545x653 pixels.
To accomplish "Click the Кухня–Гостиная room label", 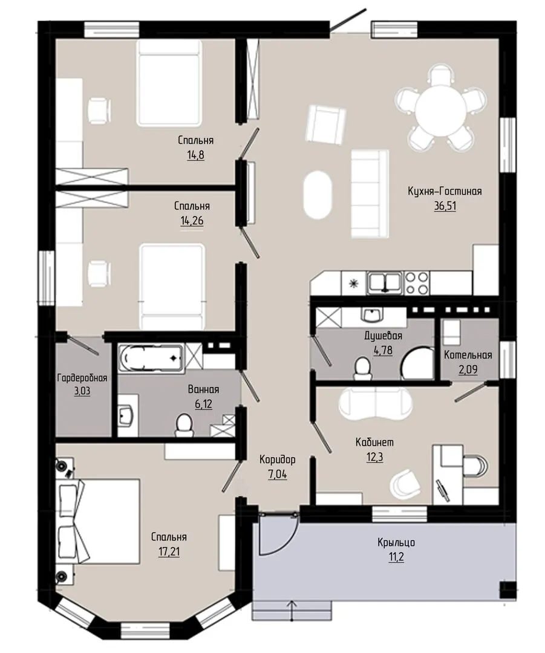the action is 445,191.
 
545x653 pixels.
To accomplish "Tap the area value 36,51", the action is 445,206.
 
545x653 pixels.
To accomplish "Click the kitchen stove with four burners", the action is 417,283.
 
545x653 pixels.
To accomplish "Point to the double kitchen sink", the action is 385,283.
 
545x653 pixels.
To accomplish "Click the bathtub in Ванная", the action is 151,358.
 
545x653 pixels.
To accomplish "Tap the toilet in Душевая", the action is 362,369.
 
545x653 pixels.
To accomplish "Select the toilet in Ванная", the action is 183,425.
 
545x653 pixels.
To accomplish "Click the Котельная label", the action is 468,356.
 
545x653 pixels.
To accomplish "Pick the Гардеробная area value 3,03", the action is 82,391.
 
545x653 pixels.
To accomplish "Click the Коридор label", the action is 278,460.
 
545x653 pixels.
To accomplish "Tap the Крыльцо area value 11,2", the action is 396,557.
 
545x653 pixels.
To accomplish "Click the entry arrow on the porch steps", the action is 292,609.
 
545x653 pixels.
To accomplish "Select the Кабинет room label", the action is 374,442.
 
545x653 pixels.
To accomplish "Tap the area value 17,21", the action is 169,552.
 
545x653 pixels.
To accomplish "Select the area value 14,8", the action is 196,155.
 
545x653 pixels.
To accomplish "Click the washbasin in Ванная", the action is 125,415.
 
